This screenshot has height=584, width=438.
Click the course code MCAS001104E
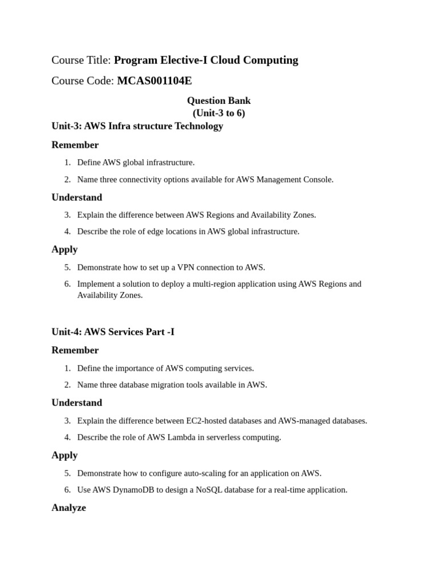(x=154, y=81)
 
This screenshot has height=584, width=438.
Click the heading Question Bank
(x=218, y=100)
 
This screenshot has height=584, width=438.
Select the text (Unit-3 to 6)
(x=218, y=113)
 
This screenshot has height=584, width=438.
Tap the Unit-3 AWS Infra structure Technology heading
(x=137, y=126)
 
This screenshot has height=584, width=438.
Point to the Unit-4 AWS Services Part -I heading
(x=113, y=331)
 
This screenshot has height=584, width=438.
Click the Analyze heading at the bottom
(x=68, y=508)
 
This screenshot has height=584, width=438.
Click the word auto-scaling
(x=204, y=473)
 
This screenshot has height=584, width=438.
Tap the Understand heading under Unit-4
(x=76, y=403)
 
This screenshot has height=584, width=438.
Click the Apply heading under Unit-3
(x=64, y=249)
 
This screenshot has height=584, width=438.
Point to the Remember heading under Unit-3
(x=75, y=145)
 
